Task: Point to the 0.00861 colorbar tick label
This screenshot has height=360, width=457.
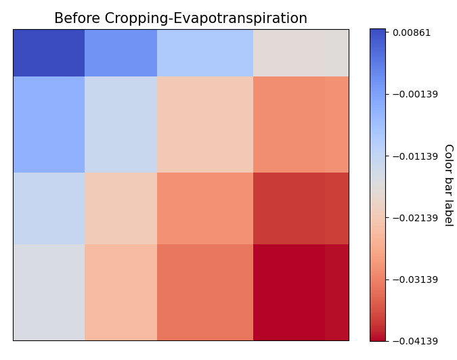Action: pyautogui.click(x=412, y=32)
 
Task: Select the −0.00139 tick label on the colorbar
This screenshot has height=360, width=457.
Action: pyautogui.click(x=414, y=94)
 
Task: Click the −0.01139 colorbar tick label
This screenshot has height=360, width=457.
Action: pyautogui.click(x=414, y=156)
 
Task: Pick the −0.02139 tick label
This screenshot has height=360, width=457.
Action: pyautogui.click(x=414, y=218)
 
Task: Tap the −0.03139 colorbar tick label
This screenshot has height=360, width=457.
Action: pyautogui.click(x=414, y=279)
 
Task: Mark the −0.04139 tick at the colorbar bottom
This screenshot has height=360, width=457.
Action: pyautogui.click(x=414, y=341)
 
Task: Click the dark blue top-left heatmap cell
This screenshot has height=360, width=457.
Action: pyautogui.click(x=49, y=53)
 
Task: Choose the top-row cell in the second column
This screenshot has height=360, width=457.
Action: pyautogui.click(x=121, y=53)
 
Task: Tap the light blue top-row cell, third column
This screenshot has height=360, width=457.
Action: pyautogui.click(x=205, y=53)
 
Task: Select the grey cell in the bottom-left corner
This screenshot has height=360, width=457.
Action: pyautogui.click(x=49, y=292)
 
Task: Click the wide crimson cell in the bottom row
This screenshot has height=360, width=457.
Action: pyautogui.click(x=289, y=292)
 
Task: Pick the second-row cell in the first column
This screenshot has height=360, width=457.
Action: pyautogui.click(x=49, y=125)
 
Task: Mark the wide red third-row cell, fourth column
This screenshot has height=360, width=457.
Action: pyautogui.click(x=289, y=208)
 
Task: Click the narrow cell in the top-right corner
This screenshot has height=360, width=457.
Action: pyautogui.click(x=336, y=53)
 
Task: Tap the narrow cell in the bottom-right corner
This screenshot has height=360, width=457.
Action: pyautogui.click(x=336, y=292)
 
